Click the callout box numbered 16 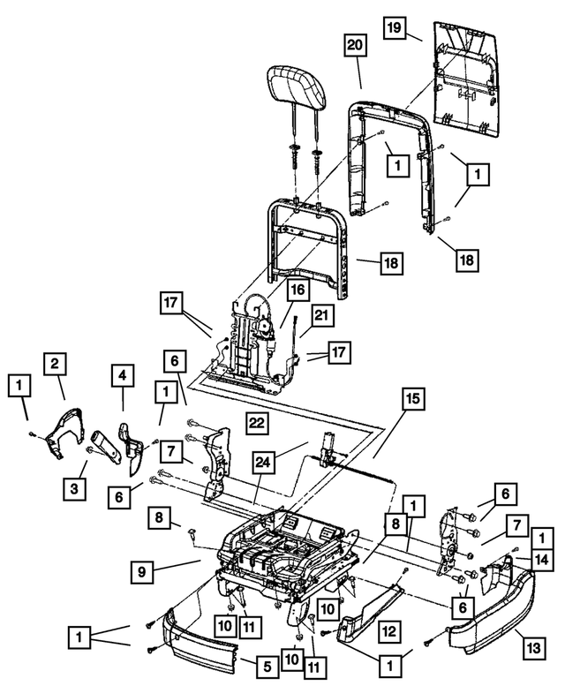click(297, 289)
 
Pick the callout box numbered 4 click(123, 377)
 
